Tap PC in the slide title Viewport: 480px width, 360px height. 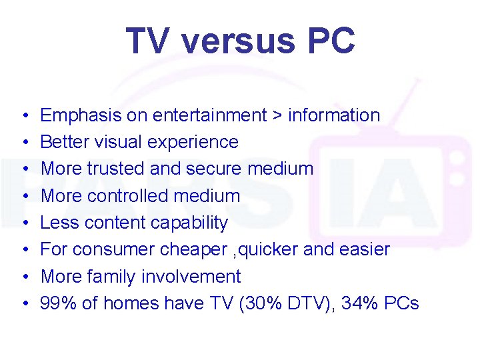(330, 41)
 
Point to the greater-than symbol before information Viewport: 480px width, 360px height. (277, 116)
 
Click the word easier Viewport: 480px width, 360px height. (366, 249)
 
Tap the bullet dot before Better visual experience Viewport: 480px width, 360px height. (23, 142)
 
